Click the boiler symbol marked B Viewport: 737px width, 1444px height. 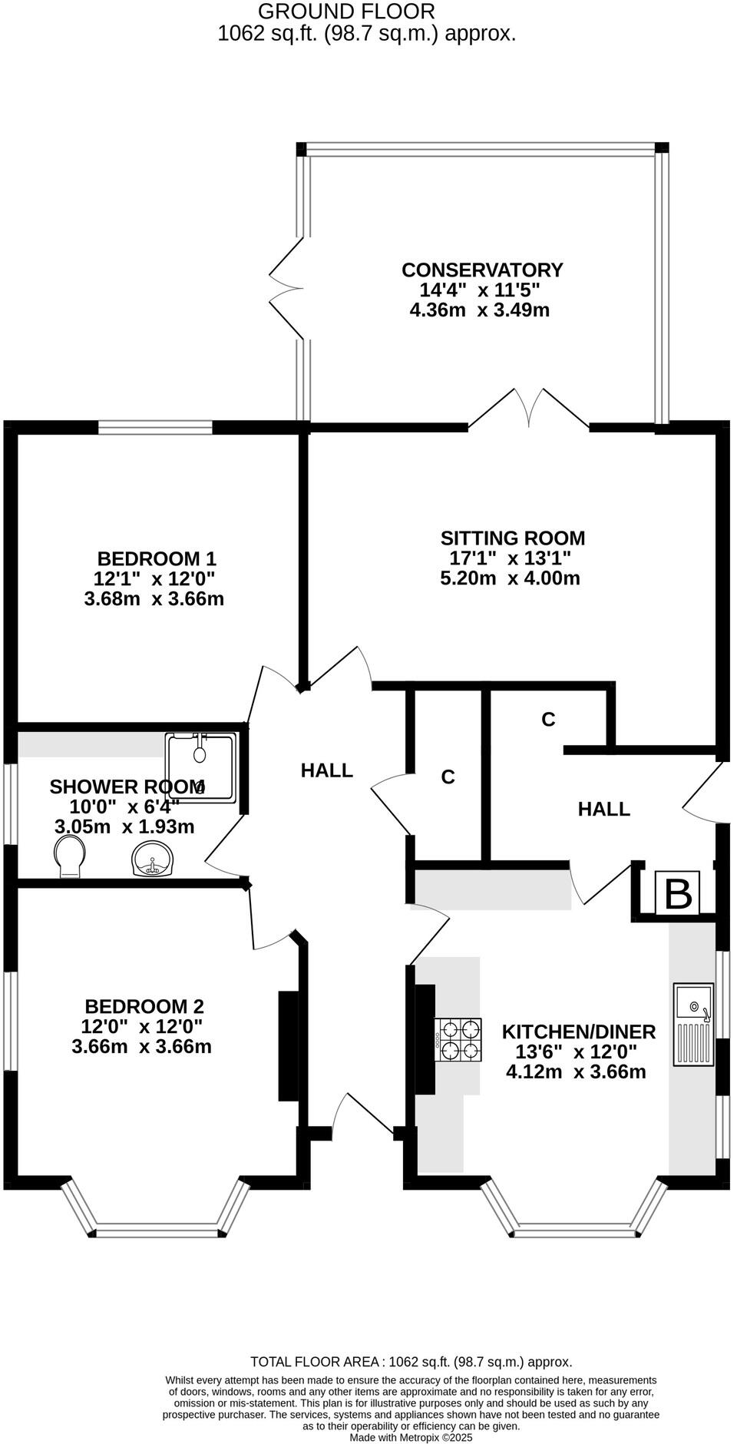pos(677,893)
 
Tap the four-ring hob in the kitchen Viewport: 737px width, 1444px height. pos(458,1039)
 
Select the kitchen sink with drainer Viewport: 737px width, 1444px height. pos(693,1024)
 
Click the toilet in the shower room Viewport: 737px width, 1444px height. pos(70,856)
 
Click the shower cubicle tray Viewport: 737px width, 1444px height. pos(200,767)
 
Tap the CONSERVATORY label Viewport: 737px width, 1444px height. pos(482,270)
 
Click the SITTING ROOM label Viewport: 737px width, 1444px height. pos(512,538)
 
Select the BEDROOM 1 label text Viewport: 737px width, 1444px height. pos(157,558)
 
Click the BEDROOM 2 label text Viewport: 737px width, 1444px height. pos(144,1006)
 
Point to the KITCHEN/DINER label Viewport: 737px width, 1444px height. pos(578,1032)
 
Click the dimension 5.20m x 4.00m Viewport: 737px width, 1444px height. pos(510,578)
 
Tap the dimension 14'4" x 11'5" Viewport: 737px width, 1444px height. pos(480,290)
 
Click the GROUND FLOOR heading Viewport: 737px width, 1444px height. pos(346,12)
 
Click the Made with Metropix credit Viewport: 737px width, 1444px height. pos(411,1437)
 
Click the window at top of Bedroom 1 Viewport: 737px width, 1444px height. pos(155,428)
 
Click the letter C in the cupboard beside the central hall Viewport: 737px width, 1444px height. pos(448,777)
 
